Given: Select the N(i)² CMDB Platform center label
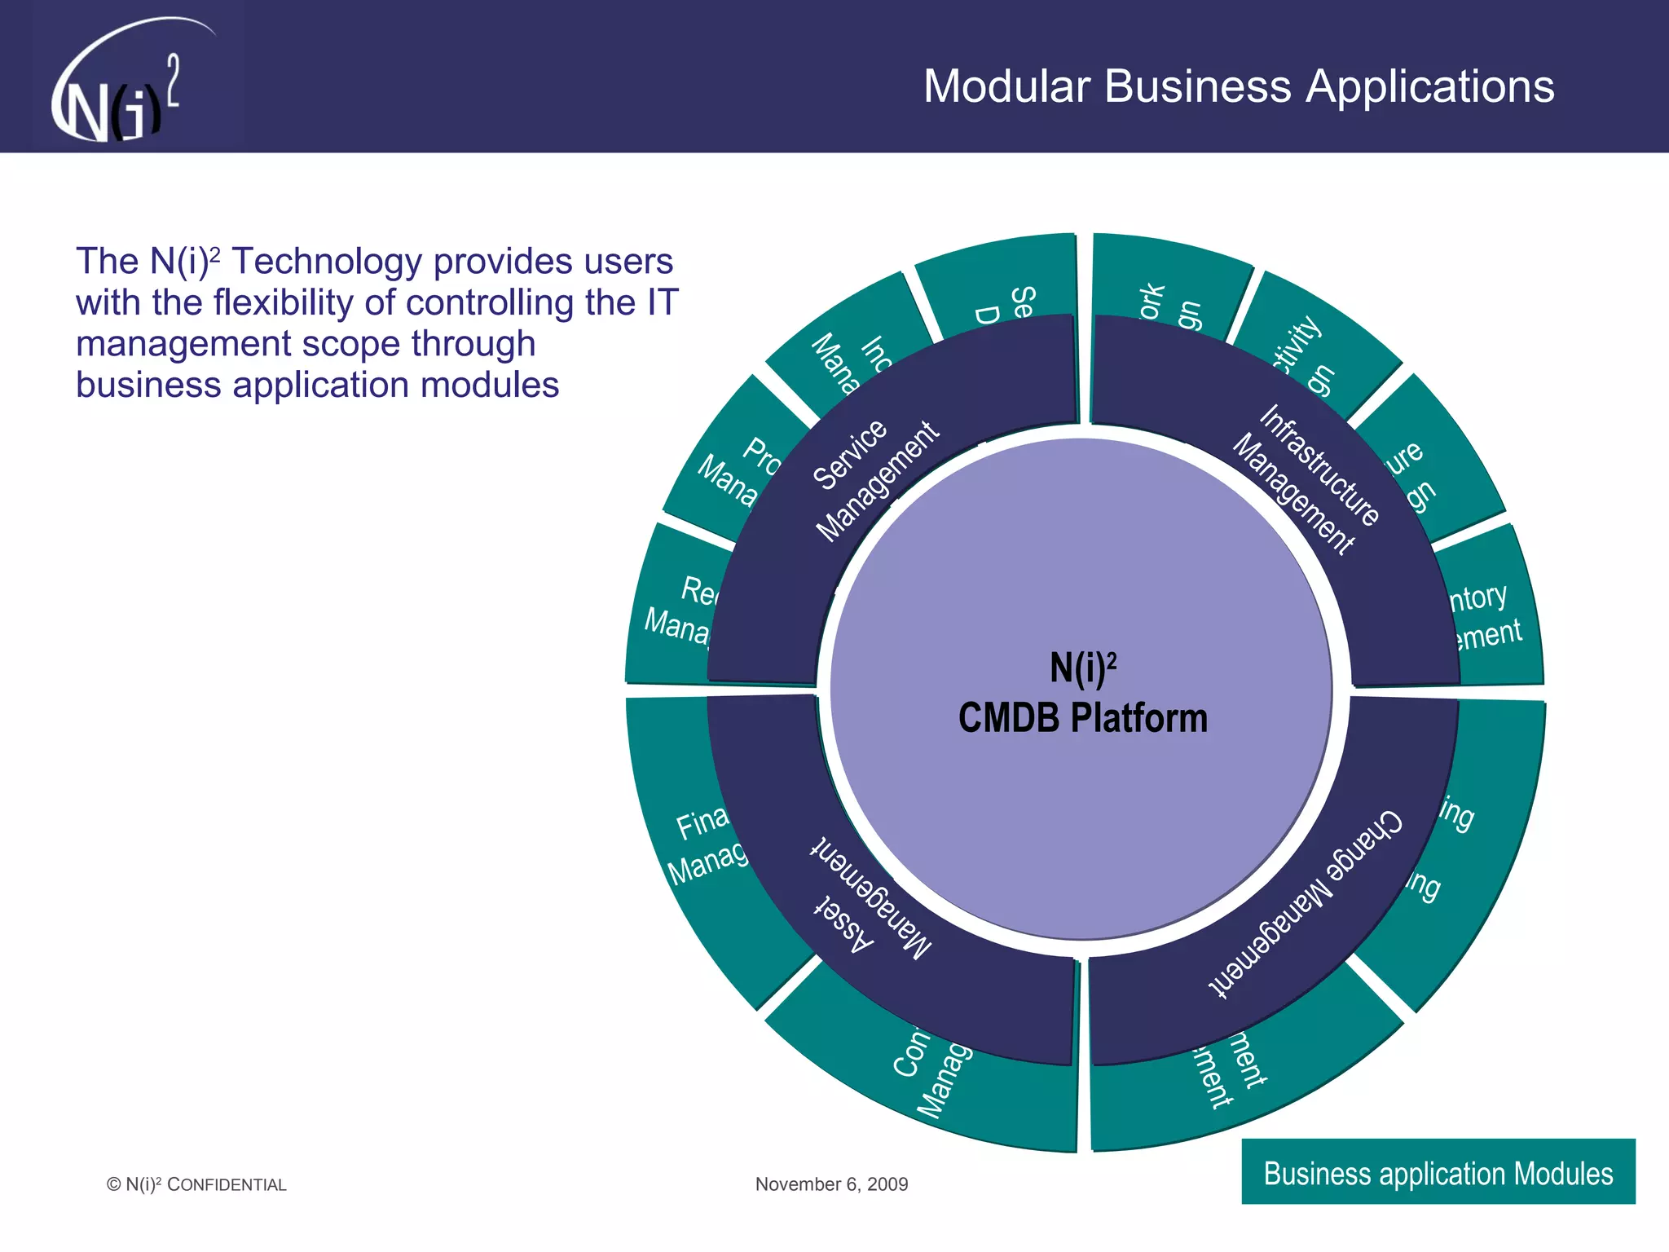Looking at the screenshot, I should coord(1082,694).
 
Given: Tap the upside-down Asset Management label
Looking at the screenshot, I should coord(872,897).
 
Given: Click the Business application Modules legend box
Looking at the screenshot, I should coord(1438,1172).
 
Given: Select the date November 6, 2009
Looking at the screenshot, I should coord(831,1184).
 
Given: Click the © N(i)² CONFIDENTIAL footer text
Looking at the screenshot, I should coord(196,1184).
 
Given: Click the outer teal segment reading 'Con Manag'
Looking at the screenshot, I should coord(929,1076).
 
